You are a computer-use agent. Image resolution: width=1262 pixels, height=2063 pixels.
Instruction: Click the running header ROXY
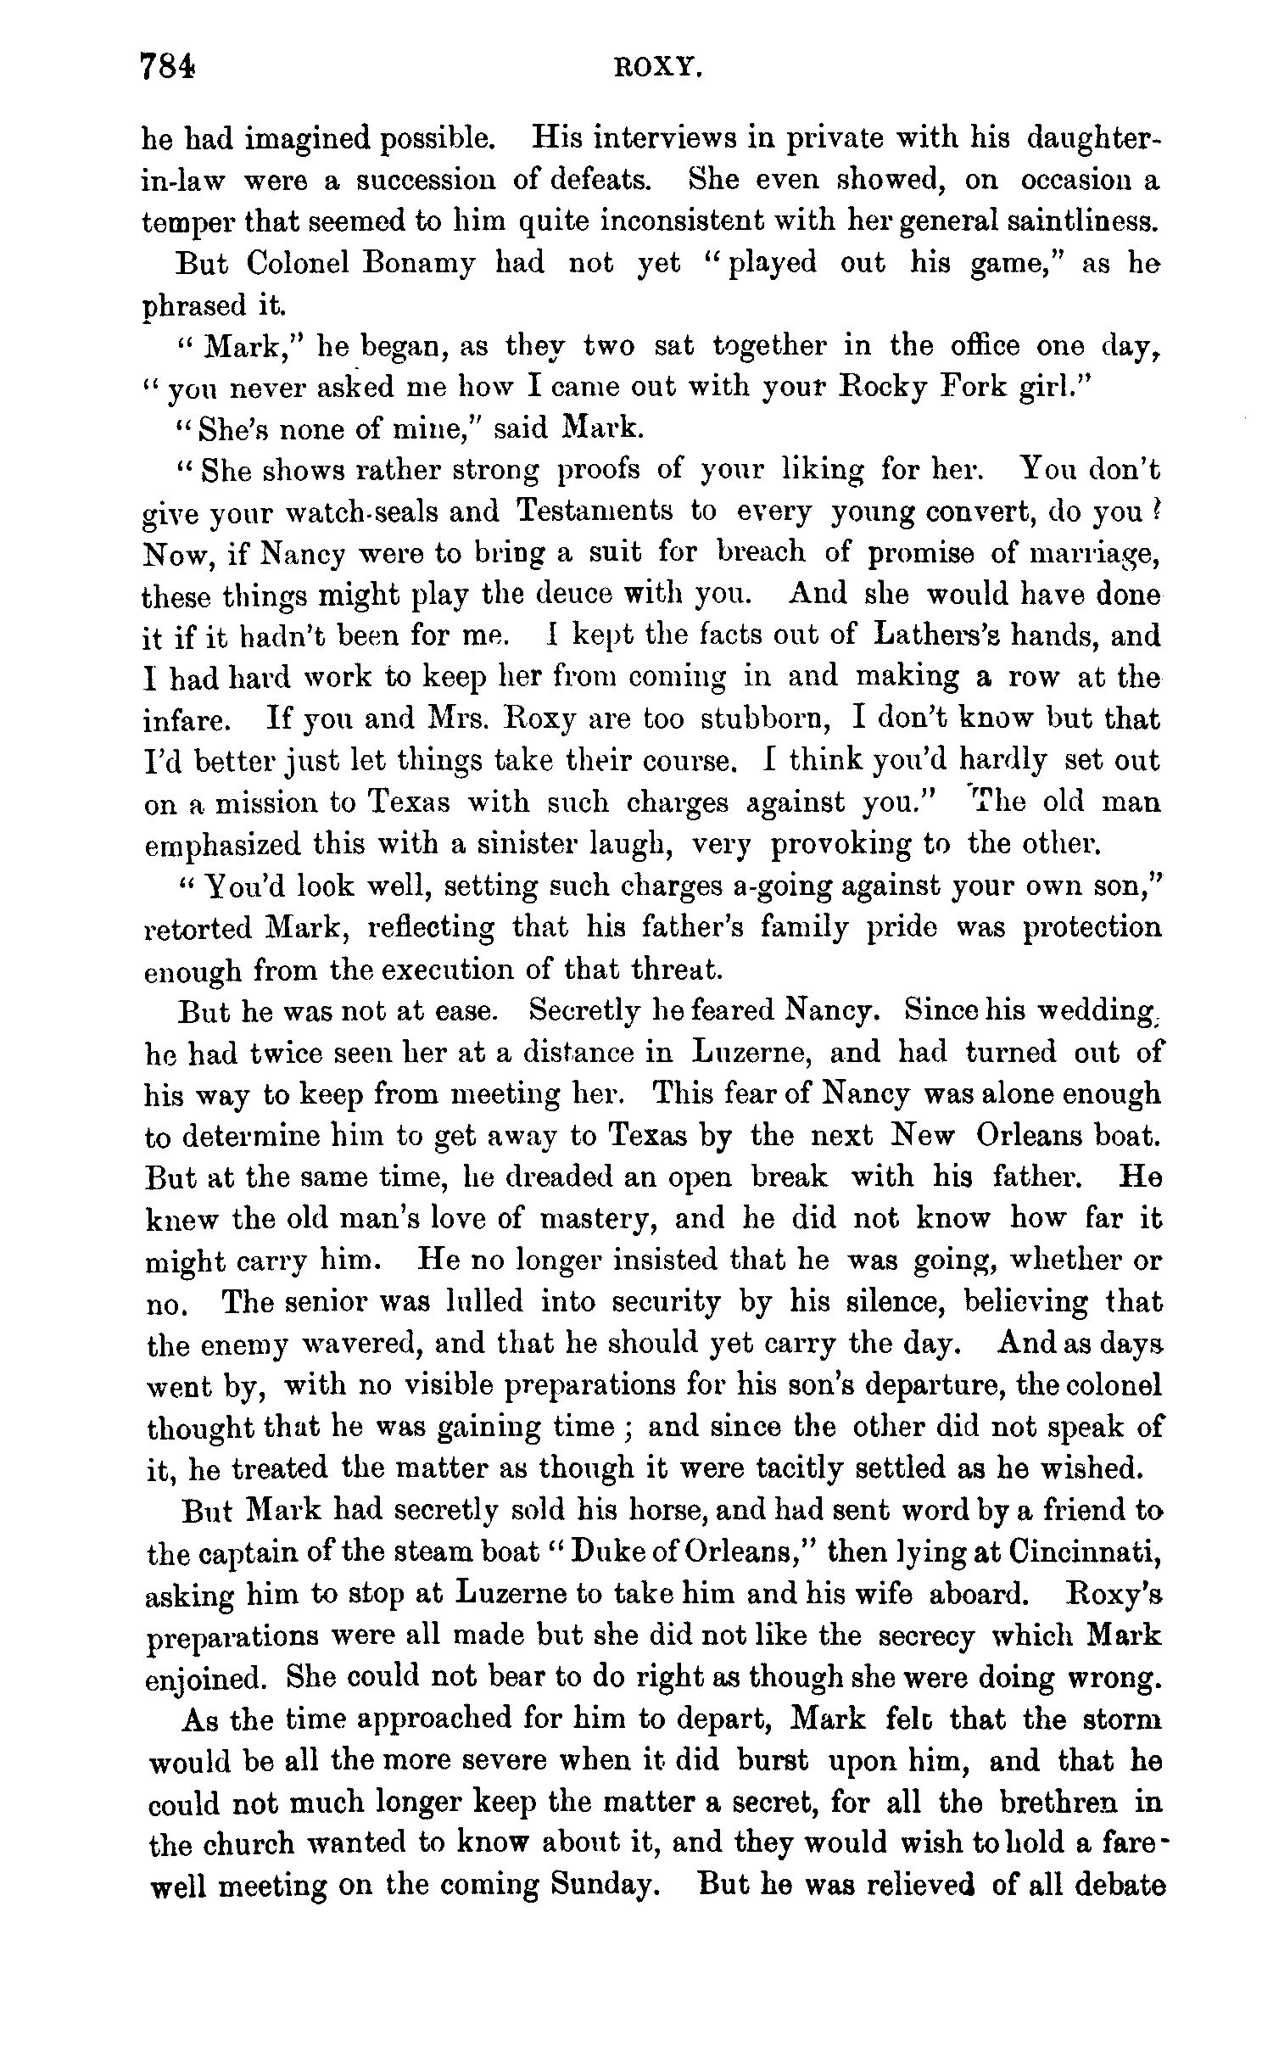click(x=659, y=70)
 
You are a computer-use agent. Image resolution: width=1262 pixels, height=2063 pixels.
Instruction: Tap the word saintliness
click(x=1075, y=221)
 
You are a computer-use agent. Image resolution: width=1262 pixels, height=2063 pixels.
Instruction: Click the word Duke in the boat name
click(x=618, y=1552)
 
